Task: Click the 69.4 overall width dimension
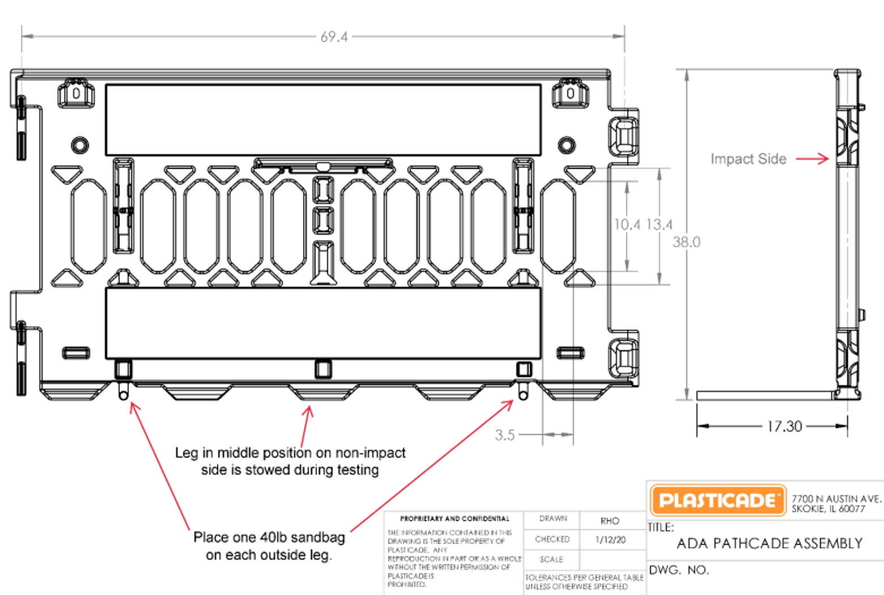pyautogui.click(x=334, y=37)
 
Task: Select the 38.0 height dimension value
pyautogui.click(x=686, y=242)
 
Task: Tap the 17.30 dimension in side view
pyautogui.click(x=784, y=426)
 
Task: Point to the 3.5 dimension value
pyautogui.click(x=504, y=435)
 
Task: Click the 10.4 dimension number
pyautogui.click(x=627, y=224)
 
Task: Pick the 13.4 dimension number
pyautogui.click(x=660, y=224)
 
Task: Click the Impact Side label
pyautogui.click(x=748, y=159)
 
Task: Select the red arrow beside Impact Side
pyautogui.click(x=813, y=159)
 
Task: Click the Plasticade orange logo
pyautogui.click(x=718, y=500)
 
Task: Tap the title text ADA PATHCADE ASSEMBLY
pyautogui.click(x=770, y=543)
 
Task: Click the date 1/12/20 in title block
pyautogui.click(x=610, y=540)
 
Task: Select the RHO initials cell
pyautogui.click(x=610, y=521)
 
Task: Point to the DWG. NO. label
pyautogui.click(x=679, y=570)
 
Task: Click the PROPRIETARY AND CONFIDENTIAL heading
pyautogui.click(x=454, y=518)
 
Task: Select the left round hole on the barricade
pyautogui.click(x=79, y=144)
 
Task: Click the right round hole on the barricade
pyautogui.click(x=566, y=144)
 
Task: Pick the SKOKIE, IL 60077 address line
pyautogui.click(x=828, y=509)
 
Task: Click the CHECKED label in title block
pyautogui.click(x=552, y=539)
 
